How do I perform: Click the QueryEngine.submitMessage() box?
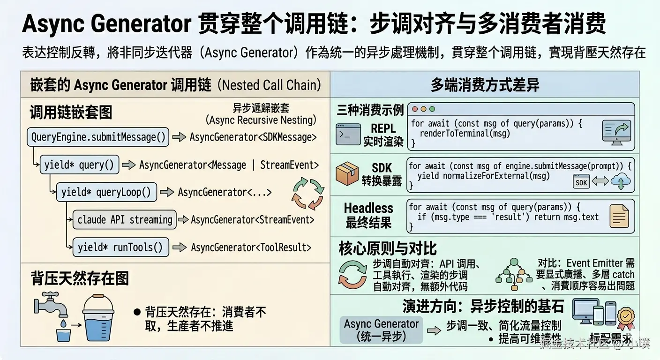tap(98, 137)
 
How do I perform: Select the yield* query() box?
tap(79, 165)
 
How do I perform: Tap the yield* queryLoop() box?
tap(106, 192)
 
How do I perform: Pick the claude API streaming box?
tap(125, 220)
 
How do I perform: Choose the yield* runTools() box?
tap(120, 247)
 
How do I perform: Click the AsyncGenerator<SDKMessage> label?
tap(253, 137)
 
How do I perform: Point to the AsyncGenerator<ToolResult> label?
tap(251, 247)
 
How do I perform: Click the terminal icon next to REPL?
tap(348, 134)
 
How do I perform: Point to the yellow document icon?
tap(618, 217)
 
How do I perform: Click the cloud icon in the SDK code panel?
tap(622, 181)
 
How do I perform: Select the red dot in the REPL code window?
tap(414, 109)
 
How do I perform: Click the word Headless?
tap(368, 208)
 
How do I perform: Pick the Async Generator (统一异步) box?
tap(381, 330)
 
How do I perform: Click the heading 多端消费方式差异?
tap(485, 85)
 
